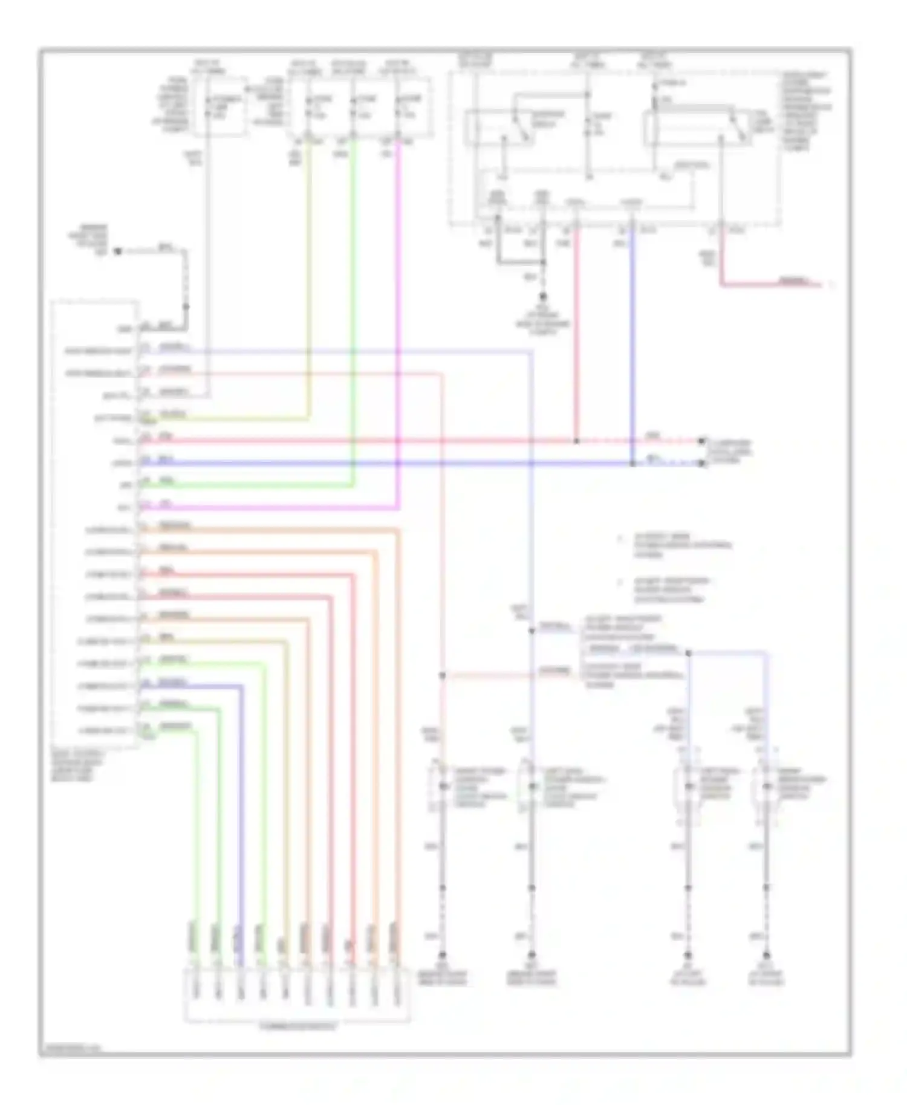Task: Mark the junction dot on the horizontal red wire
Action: pos(576,441)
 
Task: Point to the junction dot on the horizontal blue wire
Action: pos(632,464)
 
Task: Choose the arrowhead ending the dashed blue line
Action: pos(702,464)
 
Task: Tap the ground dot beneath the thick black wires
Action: pos(542,297)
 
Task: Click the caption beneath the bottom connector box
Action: pos(297,1026)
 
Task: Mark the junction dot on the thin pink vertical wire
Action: pos(443,675)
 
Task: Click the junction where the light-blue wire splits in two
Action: pos(688,653)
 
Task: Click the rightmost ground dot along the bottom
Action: pos(766,956)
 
